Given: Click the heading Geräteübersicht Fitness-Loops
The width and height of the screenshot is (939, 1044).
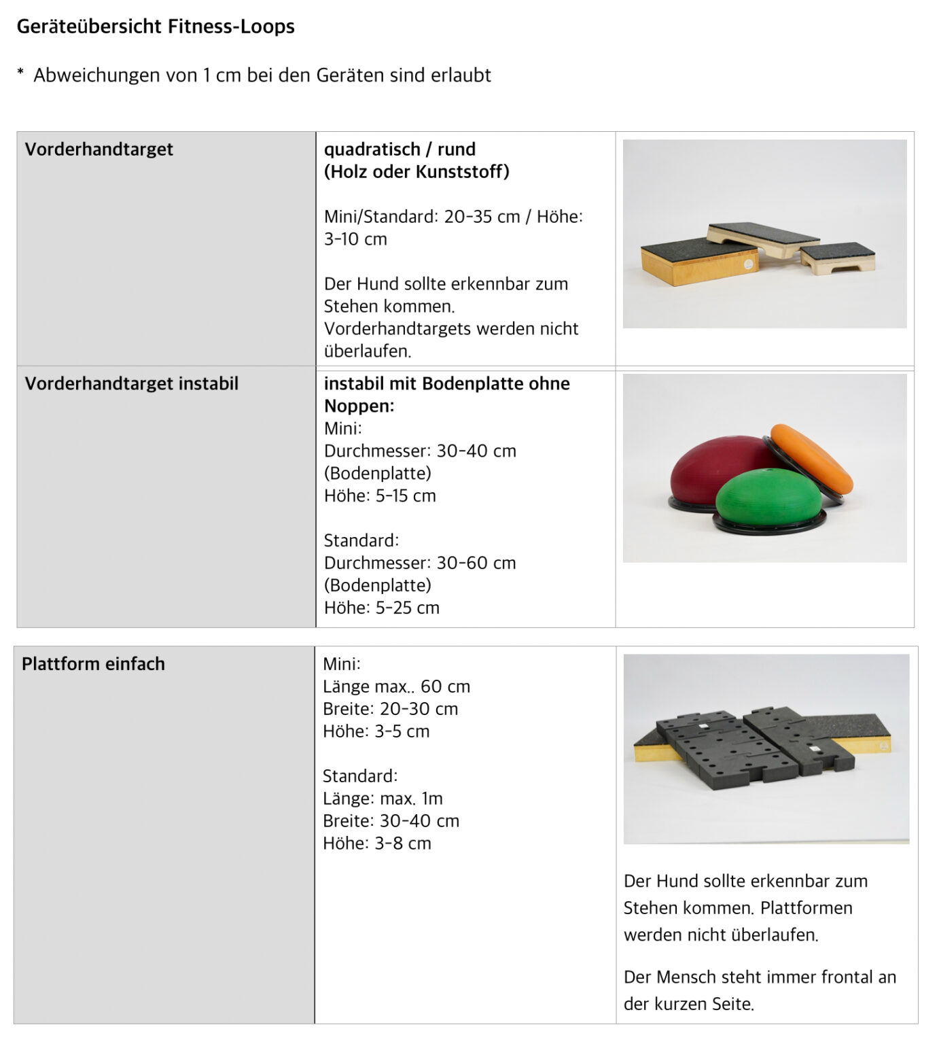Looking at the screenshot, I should (156, 27).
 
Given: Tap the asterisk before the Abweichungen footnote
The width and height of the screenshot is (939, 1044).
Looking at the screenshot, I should (20, 73).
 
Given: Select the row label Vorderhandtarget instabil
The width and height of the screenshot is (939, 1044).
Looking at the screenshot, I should (131, 383).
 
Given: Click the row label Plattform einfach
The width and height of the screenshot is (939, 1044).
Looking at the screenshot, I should (93, 663).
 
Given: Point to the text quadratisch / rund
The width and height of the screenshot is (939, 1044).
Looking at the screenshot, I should (400, 149).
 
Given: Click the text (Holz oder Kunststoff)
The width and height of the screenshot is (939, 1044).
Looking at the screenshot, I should (417, 171).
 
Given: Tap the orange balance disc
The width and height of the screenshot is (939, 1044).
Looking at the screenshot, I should (811, 460).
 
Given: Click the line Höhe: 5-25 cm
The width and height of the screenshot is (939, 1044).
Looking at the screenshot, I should (381, 608).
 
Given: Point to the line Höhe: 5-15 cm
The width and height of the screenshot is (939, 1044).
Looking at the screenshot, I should (380, 495).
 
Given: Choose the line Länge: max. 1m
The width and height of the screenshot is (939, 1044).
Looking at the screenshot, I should (383, 798).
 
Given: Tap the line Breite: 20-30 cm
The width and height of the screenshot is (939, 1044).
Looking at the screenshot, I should (390, 708).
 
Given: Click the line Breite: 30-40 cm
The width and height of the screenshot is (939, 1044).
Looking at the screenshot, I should (391, 820).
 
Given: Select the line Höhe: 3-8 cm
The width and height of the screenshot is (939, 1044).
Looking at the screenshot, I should (376, 843).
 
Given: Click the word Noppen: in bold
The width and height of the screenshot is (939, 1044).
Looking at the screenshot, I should (359, 406).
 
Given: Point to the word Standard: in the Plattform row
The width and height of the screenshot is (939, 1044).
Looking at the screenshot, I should (360, 776).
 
